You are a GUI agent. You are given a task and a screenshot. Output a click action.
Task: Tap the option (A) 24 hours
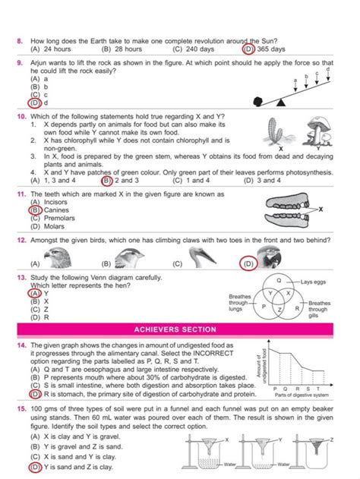[50, 48]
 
